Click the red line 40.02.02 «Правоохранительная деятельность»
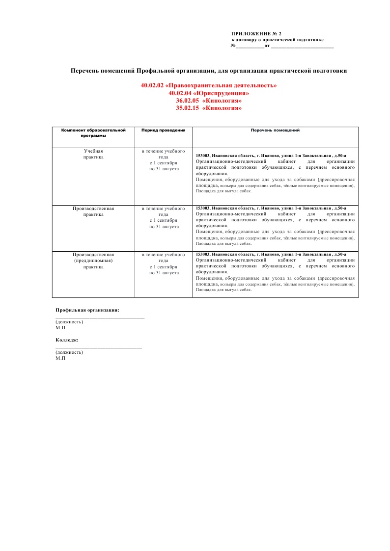(x=209, y=85)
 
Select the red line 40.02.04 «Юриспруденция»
(x=209, y=93)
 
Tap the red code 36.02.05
(x=187, y=101)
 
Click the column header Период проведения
(x=163, y=131)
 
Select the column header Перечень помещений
(x=275, y=131)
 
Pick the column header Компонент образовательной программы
(x=93, y=133)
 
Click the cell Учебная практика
(x=93, y=154)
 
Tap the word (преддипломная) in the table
(x=93, y=261)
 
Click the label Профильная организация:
(x=87, y=310)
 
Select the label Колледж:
(x=67, y=340)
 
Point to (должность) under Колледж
(x=69, y=352)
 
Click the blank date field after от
(x=302, y=47)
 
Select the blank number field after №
(x=250, y=47)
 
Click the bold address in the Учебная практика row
(x=271, y=155)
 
